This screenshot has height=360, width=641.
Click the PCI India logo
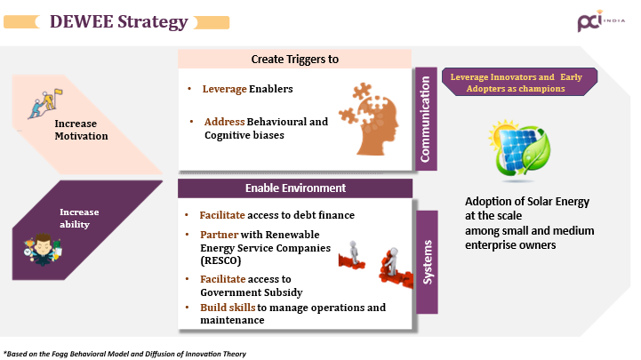coord(601,20)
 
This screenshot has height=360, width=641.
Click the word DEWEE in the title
coord(82,21)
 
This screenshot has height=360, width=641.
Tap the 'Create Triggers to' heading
coord(295,60)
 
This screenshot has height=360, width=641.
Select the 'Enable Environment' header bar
coord(295,188)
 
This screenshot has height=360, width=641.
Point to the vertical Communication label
coord(426,119)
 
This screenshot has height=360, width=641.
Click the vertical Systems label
coord(428,262)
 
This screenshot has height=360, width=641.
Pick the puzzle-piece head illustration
coord(369,119)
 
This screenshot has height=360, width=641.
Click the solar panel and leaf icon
coord(519,150)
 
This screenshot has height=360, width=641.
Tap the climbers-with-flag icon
coord(45,104)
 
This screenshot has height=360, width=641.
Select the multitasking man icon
coord(43,249)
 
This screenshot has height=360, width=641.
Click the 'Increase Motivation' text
coord(82,130)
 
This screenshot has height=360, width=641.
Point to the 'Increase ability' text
coord(79,218)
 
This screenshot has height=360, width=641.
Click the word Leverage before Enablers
coord(224,89)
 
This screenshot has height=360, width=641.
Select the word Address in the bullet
coord(224,122)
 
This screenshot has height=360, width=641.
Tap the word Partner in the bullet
coord(219,235)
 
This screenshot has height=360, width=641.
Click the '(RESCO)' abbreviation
coord(220,260)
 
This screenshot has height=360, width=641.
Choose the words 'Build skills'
coord(228,308)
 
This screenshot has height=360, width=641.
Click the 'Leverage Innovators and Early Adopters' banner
coord(519,82)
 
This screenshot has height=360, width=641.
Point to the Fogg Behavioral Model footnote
coord(124,354)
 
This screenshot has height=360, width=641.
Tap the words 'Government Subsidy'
coord(252,292)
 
